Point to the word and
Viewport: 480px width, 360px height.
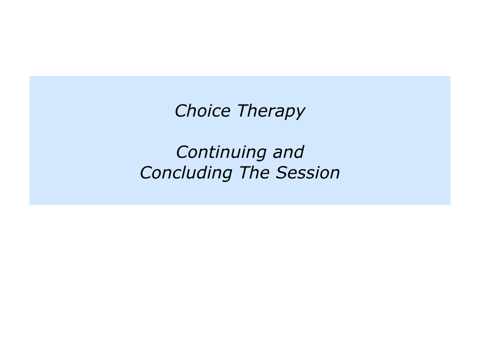288,152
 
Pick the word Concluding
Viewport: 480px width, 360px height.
186,173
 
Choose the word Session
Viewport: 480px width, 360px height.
307,173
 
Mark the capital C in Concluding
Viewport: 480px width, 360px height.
146,173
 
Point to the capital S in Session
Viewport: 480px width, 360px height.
281,173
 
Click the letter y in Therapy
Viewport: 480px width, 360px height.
300,113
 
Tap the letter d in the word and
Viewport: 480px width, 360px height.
298,152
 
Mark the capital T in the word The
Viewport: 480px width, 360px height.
244,173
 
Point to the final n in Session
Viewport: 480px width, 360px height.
335,174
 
